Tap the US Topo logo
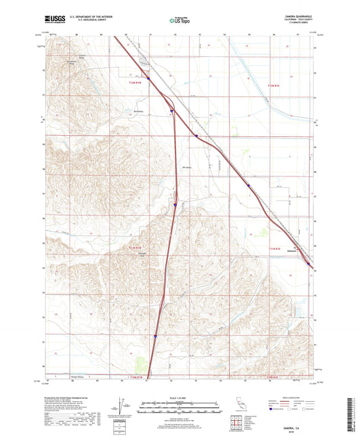[x=179, y=20]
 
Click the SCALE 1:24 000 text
[x=179, y=398]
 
